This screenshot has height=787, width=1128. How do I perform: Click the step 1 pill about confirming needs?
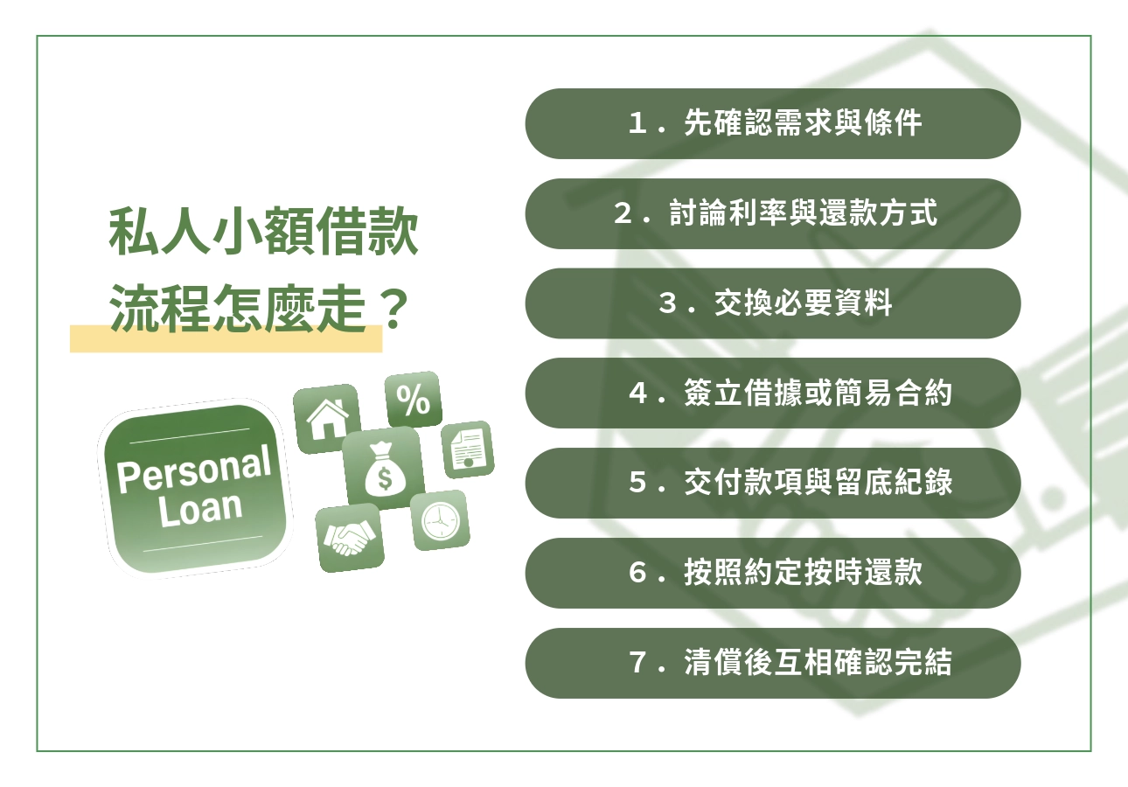tap(773, 123)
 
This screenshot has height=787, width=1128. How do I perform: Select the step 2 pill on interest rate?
tap(773, 213)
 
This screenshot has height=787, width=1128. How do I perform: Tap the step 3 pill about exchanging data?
tap(773, 303)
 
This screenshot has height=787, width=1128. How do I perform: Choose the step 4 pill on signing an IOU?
tap(773, 393)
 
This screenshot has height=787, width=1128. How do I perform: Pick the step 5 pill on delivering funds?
tap(773, 483)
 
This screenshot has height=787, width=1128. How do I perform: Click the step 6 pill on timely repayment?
tap(773, 573)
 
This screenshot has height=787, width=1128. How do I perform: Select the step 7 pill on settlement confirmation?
tap(773, 663)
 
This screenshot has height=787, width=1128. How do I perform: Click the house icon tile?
tap(326, 418)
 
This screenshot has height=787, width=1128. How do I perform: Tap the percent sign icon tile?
tap(413, 400)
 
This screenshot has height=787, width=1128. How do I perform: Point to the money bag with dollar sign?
tap(381, 469)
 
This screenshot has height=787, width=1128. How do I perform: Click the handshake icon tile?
tap(349, 537)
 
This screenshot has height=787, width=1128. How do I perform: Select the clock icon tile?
tap(439, 521)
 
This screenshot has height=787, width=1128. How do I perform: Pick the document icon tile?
tap(468, 449)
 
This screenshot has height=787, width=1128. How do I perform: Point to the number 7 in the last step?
tap(637, 664)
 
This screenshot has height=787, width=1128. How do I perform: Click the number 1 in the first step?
tap(637, 124)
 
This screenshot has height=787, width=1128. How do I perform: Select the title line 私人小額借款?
tap(263, 232)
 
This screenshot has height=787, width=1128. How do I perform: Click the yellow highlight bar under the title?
tap(226, 342)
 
